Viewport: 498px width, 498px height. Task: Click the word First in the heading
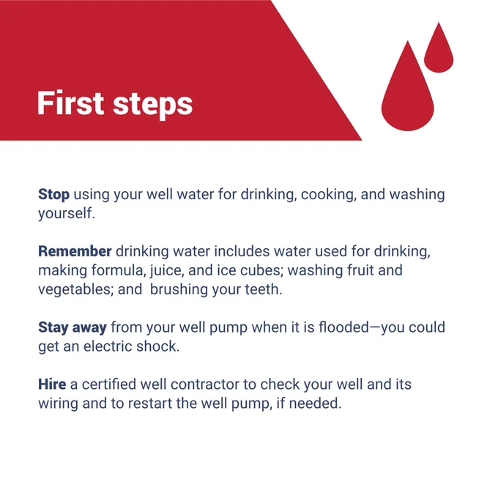tap(70, 103)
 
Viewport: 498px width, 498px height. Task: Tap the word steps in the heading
tap(153, 105)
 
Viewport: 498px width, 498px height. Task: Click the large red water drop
tap(407, 86)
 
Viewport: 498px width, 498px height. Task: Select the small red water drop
tap(439, 48)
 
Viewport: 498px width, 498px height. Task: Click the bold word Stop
tap(53, 194)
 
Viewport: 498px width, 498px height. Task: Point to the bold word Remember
tap(75, 251)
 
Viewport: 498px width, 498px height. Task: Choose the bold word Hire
tap(52, 384)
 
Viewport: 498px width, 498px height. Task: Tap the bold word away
tap(89, 328)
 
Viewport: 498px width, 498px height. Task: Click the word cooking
tap(328, 195)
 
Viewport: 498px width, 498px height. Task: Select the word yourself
tap(67, 214)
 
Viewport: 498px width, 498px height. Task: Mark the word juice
tap(167, 271)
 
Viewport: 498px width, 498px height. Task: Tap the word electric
tap(108, 346)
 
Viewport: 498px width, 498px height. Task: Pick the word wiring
tap(58, 404)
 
